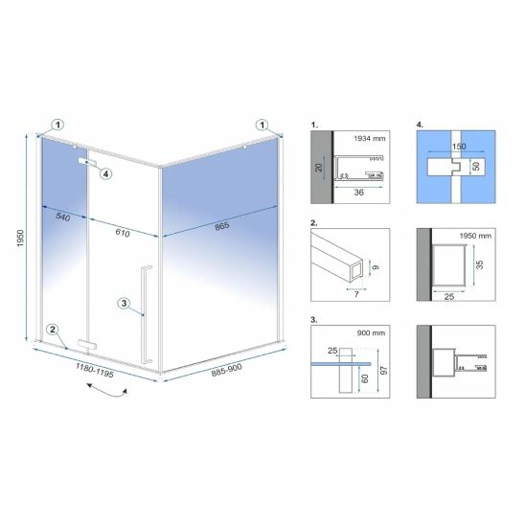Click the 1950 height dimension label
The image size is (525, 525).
point(21,239)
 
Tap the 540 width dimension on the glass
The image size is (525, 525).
point(63,217)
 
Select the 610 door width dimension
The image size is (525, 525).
point(123,233)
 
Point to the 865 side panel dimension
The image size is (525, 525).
point(222,226)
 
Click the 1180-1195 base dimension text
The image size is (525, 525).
point(95,370)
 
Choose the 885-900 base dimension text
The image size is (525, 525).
point(227,370)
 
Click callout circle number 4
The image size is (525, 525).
point(105,173)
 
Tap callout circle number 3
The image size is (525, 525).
point(124,304)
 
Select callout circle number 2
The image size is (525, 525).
point(53,330)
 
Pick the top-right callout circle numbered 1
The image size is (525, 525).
point(262,125)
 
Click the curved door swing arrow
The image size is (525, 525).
point(107,393)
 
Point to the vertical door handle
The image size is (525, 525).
point(146,315)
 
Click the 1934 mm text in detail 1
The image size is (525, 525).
point(370,139)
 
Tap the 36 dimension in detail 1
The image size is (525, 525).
point(358,193)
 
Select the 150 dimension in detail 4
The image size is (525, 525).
point(459,147)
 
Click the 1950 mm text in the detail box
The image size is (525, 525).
point(475,236)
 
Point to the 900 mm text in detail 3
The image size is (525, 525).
point(371,332)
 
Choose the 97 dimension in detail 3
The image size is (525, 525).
point(384,371)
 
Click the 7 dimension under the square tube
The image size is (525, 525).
point(356,294)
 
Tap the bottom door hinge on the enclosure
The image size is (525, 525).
point(87,345)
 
